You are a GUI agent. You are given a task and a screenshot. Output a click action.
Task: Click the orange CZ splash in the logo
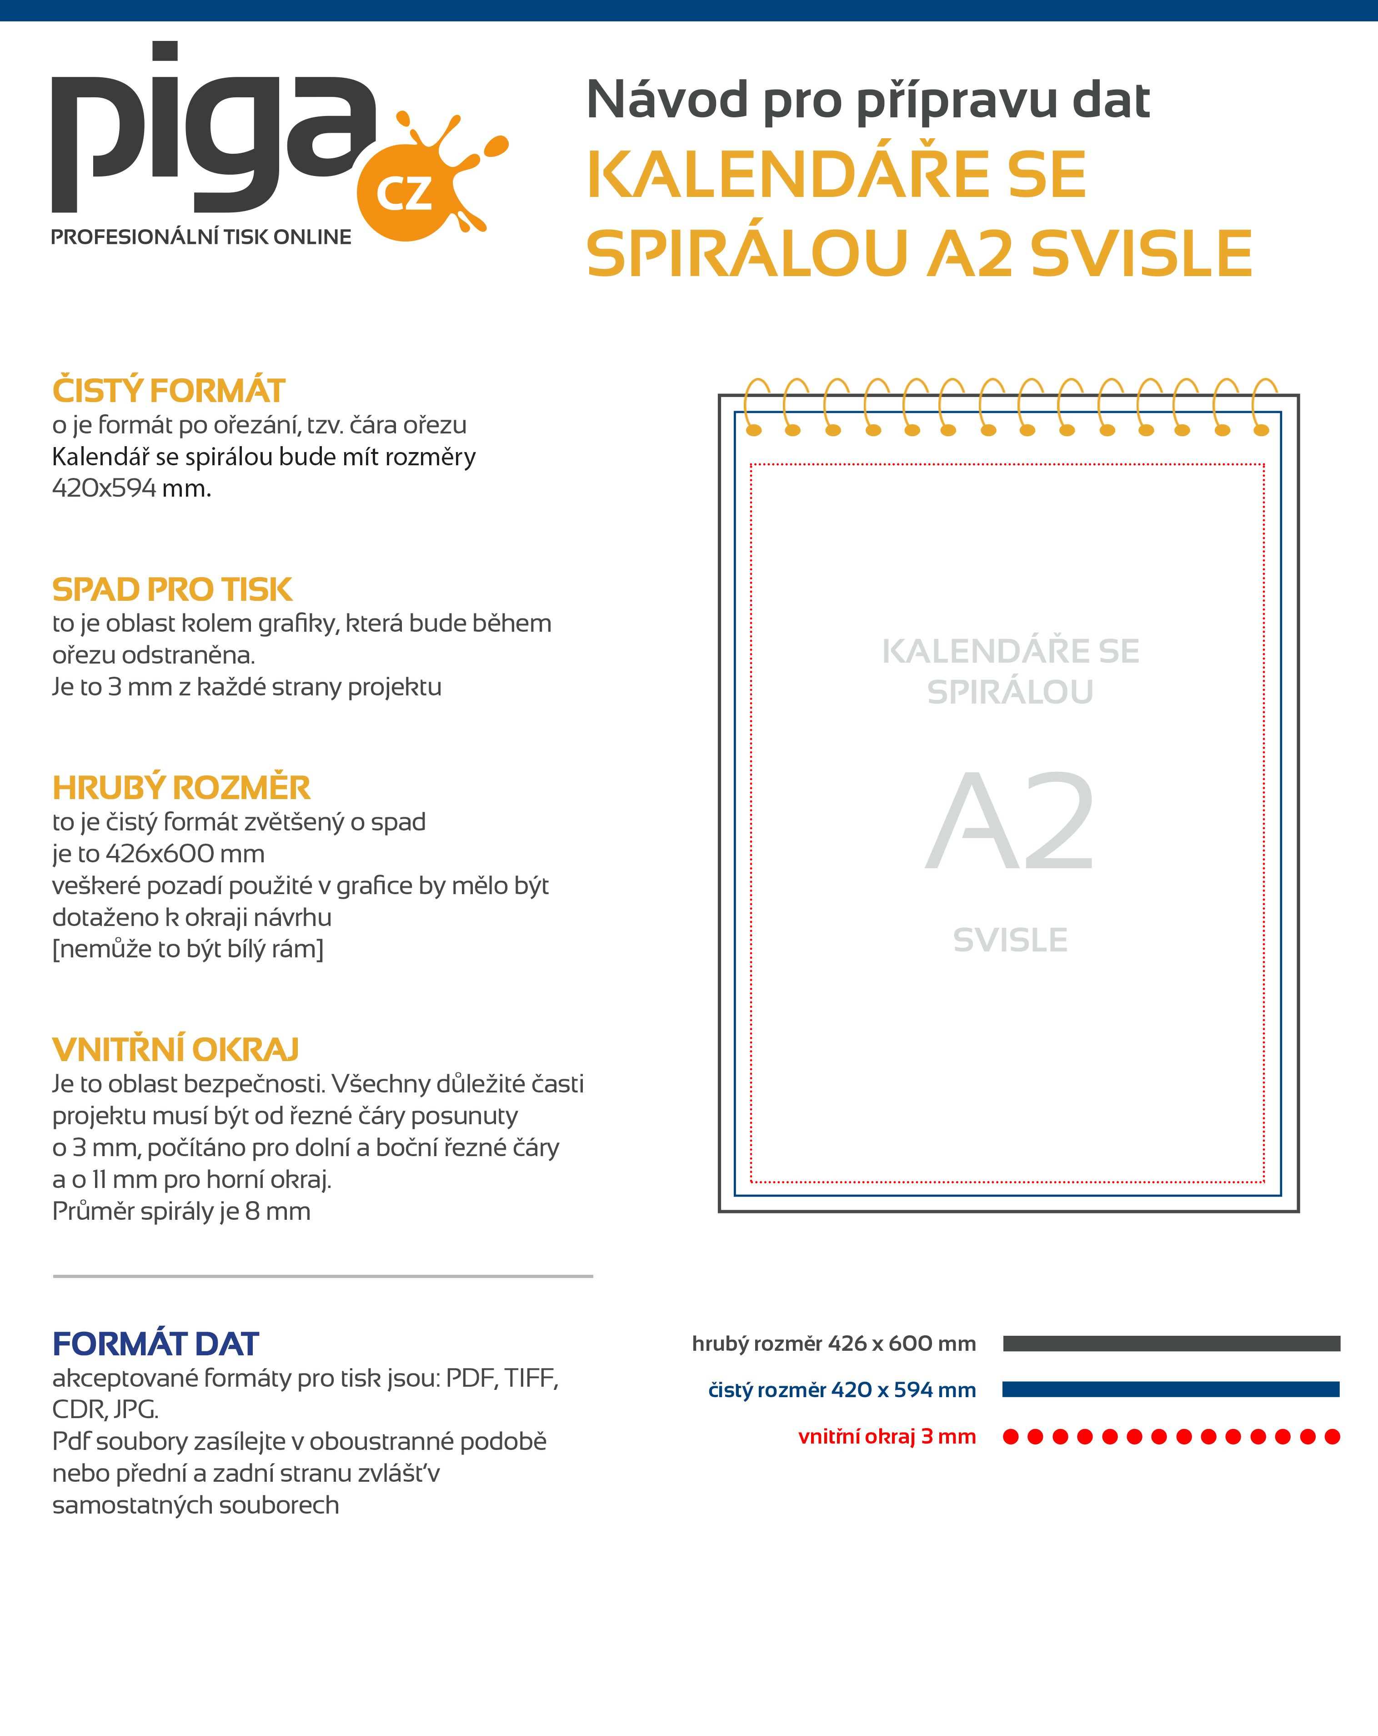point(406,193)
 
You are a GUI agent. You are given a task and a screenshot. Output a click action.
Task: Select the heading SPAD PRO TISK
point(171,589)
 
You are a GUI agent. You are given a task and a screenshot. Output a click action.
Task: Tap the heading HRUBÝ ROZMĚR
point(181,787)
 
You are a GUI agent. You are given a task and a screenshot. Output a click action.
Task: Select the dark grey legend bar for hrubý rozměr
point(1171,1343)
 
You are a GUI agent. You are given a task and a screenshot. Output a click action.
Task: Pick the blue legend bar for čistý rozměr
point(1171,1389)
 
